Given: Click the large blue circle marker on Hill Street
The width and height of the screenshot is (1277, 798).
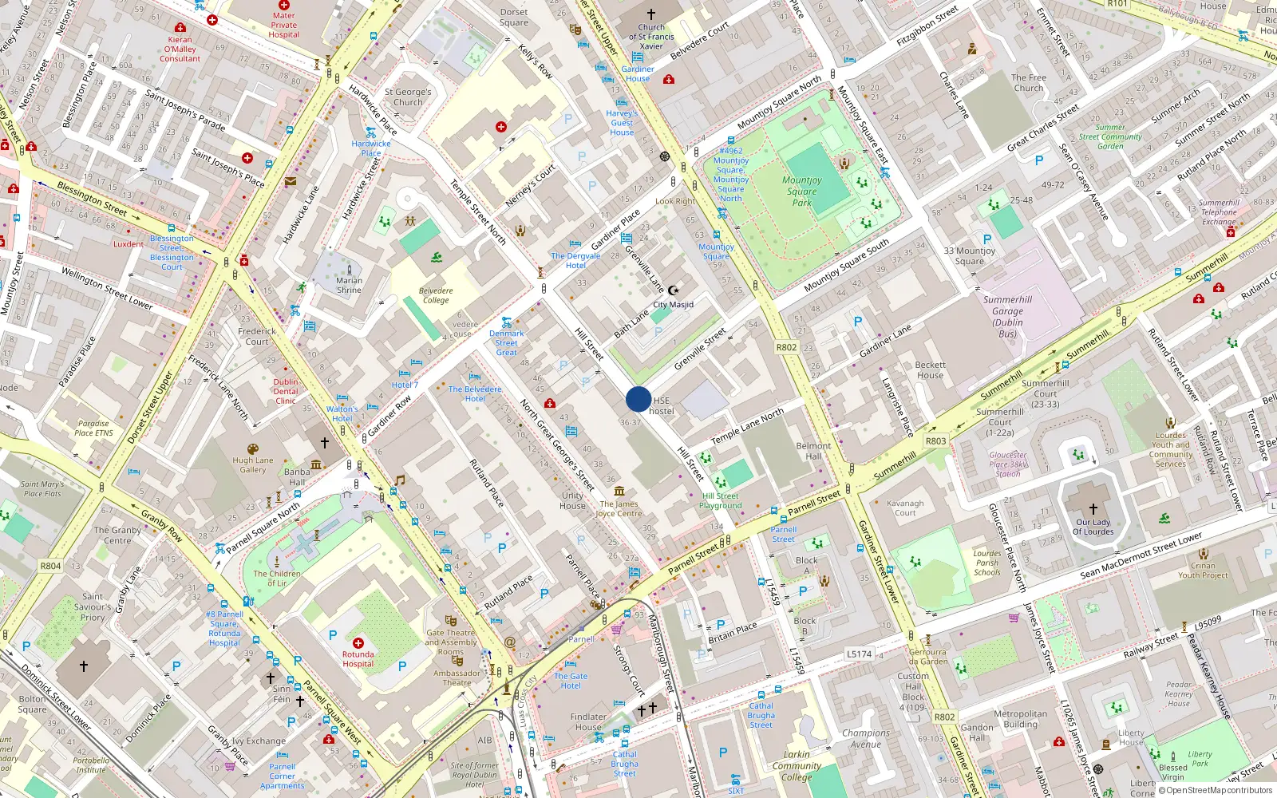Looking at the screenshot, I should [638, 399].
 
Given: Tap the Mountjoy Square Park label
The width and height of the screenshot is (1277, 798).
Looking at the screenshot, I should [801, 192].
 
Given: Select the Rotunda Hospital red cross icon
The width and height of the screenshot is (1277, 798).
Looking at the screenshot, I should [358, 642].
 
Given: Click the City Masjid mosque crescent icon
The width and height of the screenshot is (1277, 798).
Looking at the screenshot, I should [673, 291].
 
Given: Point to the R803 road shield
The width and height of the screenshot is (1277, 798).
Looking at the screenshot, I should [935, 440].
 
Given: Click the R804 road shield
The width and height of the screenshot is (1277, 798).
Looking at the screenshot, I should [50, 566].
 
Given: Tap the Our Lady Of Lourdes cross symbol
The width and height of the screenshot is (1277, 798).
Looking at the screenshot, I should [1093, 508].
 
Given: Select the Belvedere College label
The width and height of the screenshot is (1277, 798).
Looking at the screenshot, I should [436, 295].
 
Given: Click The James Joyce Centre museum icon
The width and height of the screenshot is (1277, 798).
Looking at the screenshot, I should [619, 491].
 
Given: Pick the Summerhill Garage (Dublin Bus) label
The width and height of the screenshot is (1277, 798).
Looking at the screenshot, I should [1007, 317].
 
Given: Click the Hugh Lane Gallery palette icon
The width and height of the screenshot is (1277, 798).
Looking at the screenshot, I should [253, 448].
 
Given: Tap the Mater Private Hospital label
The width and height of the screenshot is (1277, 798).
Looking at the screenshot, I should [283, 25].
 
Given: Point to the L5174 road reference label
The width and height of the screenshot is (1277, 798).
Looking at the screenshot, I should [859, 654].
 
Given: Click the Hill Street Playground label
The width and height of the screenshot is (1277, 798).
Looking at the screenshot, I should [720, 500].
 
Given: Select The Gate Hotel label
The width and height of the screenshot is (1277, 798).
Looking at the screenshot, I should [571, 681].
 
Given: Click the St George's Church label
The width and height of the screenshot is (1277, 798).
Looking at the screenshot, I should [408, 97].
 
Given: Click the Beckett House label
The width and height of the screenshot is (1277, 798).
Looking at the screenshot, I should [930, 369].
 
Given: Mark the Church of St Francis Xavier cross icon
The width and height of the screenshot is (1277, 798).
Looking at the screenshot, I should [650, 14].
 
